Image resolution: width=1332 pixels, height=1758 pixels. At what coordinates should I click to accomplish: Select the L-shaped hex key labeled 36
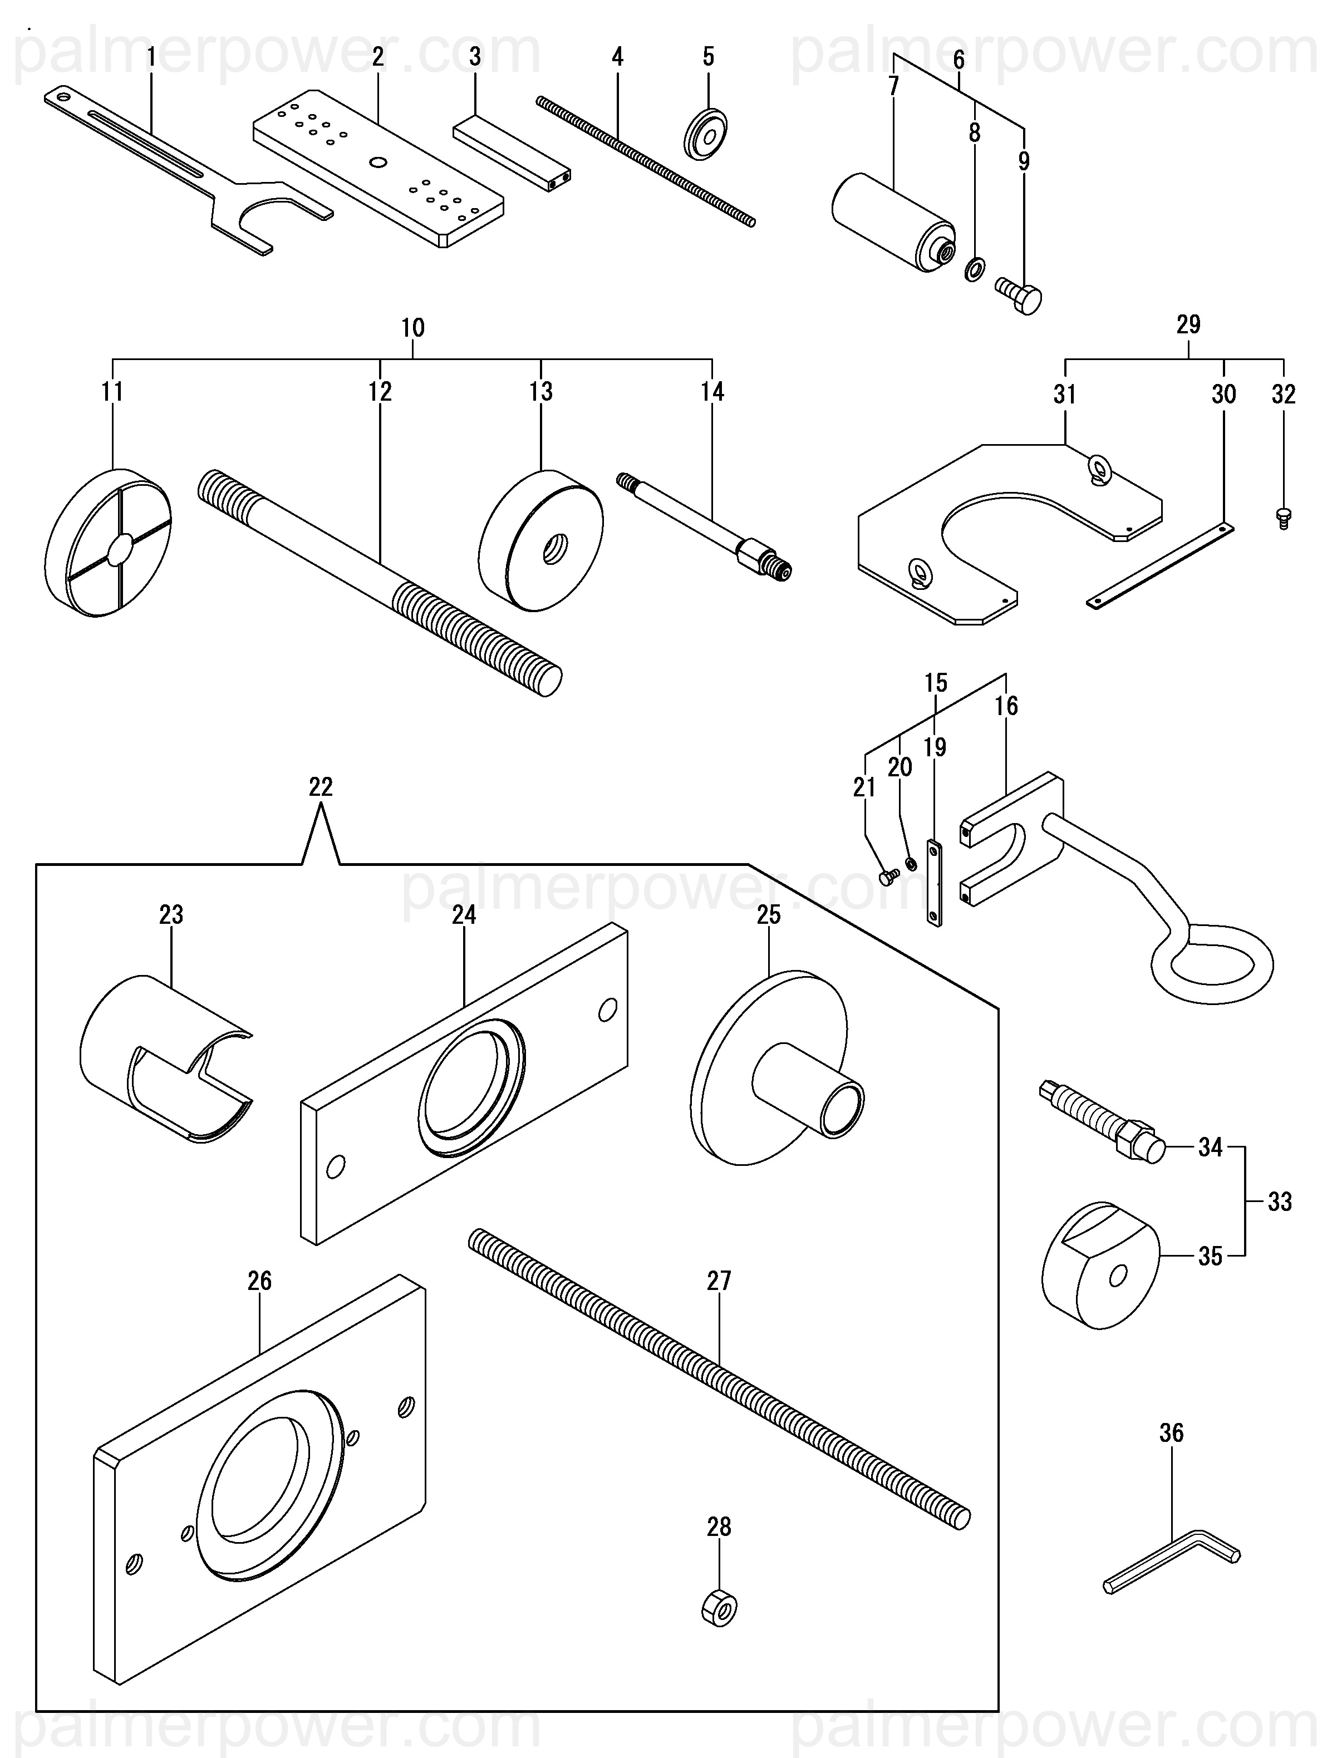[x=1171, y=1567]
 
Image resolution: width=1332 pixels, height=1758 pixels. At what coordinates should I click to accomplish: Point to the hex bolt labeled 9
[x=1019, y=297]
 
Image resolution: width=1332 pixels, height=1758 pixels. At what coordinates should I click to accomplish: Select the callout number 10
[x=412, y=327]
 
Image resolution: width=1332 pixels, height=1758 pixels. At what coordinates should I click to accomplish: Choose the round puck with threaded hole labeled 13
[x=540, y=541]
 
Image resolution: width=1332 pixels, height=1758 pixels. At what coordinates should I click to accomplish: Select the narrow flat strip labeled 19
[x=935, y=883]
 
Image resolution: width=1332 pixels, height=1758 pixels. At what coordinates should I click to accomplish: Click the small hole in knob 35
[x=1117, y=1277]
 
